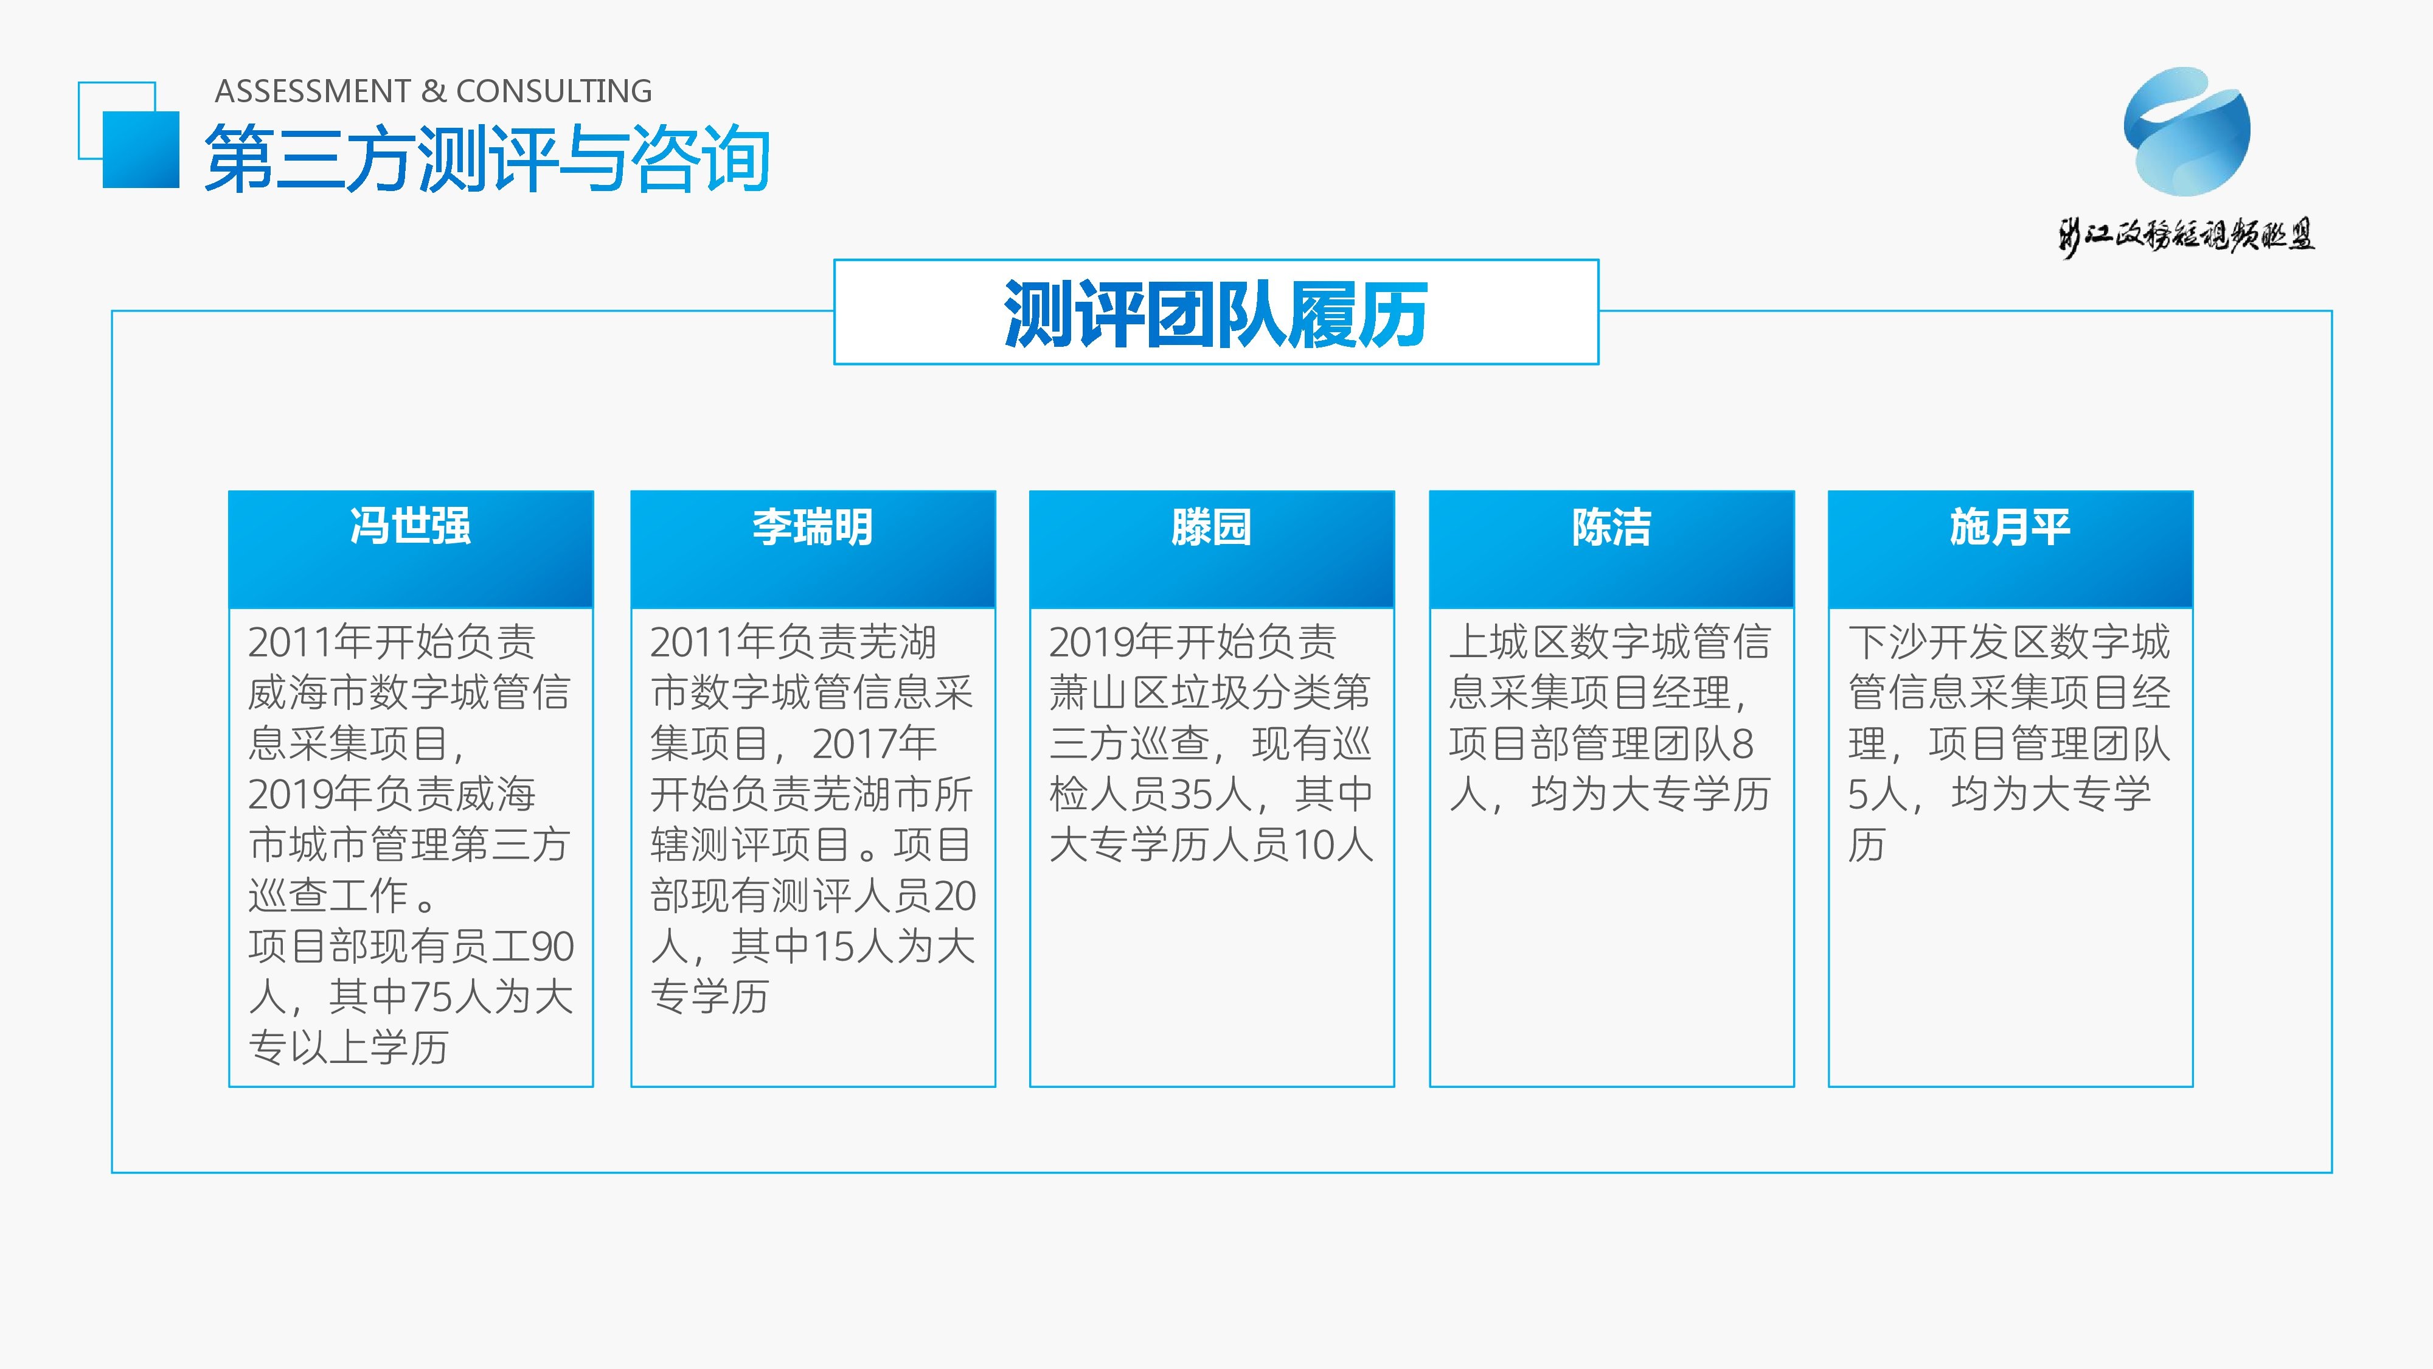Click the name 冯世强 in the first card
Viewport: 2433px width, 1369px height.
click(x=411, y=526)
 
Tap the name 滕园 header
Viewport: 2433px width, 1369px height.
click(x=1212, y=526)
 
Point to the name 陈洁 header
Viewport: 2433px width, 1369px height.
click(x=1611, y=526)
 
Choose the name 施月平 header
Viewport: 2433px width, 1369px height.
click(x=2010, y=526)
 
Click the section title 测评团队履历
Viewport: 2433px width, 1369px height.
click(x=1215, y=314)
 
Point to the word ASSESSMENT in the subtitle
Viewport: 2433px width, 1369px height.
click(x=313, y=91)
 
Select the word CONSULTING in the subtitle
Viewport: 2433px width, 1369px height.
click(x=554, y=91)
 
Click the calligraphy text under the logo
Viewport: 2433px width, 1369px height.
click(x=2187, y=234)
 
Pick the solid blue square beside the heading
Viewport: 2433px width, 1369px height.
click(x=141, y=149)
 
